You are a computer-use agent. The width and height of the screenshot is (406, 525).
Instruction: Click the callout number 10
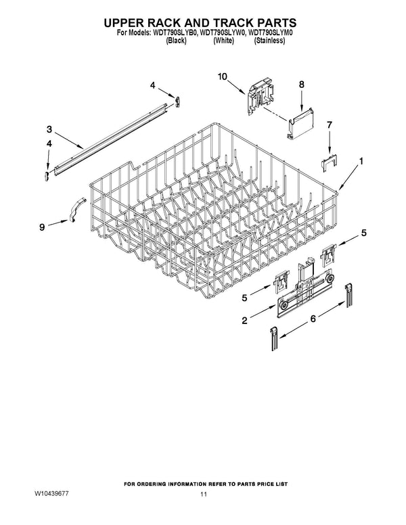point(222,76)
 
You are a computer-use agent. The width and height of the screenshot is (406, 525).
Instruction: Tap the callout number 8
point(302,85)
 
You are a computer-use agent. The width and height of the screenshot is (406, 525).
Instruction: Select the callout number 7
point(330,125)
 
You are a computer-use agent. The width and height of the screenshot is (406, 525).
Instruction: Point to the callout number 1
point(361,161)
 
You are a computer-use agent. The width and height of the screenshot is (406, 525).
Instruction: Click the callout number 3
point(49,129)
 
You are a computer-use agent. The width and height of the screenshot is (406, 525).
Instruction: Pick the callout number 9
point(42,227)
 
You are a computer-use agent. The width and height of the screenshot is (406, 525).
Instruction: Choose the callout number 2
point(244,321)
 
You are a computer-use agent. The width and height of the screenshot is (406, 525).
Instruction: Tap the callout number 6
point(313,319)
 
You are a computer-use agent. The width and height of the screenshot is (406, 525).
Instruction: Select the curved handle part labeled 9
point(77,209)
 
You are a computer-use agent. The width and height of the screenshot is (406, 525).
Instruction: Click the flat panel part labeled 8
point(301,123)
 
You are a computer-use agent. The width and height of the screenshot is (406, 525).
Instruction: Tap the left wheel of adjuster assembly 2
point(285,305)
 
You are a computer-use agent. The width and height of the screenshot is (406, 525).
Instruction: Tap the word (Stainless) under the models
point(270,41)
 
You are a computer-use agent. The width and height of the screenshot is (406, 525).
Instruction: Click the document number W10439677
point(51,494)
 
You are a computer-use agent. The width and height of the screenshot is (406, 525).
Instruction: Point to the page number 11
point(204,494)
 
